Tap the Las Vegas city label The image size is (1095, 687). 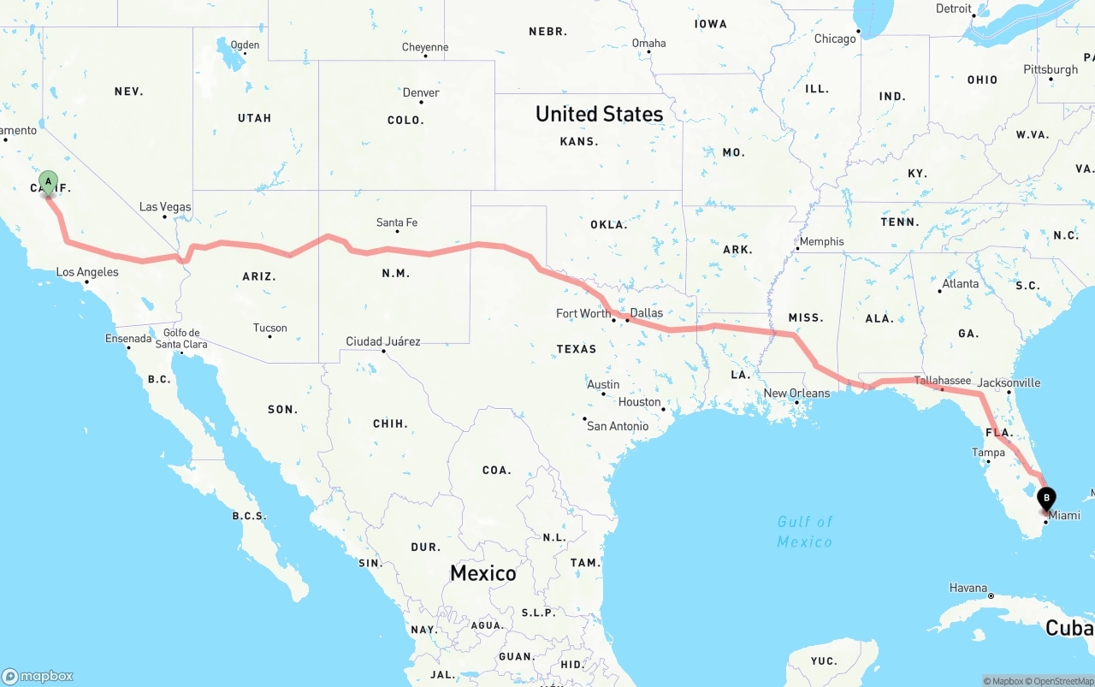click(x=165, y=207)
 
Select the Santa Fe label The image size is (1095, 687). click(x=397, y=223)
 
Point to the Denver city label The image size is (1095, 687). click(x=421, y=93)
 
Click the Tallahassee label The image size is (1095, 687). click(x=942, y=381)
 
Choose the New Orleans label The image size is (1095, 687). click(x=796, y=394)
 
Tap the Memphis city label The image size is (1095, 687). click(x=821, y=242)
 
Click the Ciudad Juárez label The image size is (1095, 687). click(x=383, y=341)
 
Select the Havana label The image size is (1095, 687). click(x=968, y=588)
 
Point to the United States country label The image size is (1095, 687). click(x=599, y=114)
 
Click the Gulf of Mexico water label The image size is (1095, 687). click(x=804, y=531)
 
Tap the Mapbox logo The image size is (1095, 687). click(x=38, y=676)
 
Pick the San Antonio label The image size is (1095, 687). click(x=617, y=426)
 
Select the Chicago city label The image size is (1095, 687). click(x=835, y=38)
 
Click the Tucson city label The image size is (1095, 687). click(x=269, y=328)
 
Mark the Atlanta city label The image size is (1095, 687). click(x=960, y=284)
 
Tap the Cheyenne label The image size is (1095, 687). click(x=425, y=47)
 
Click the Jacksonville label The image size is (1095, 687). click(x=1009, y=382)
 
